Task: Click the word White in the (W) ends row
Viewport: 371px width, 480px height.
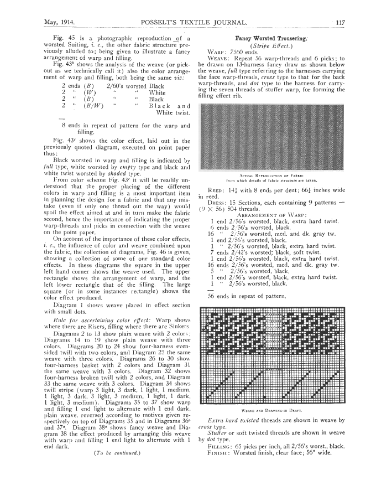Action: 153,94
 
